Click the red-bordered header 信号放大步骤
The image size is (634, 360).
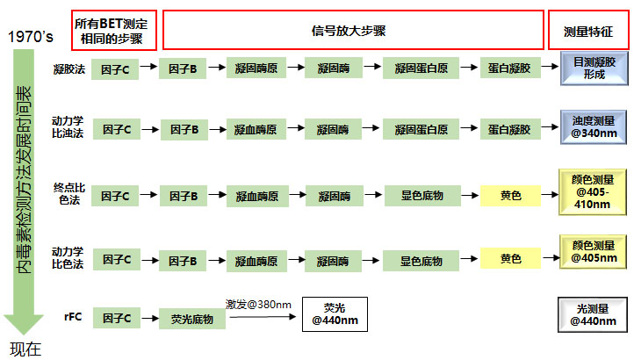click(353, 31)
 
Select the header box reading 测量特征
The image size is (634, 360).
click(588, 31)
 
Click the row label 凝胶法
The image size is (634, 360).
click(69, 68)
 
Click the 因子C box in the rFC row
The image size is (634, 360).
click(115, 320)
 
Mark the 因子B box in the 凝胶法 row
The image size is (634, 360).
click(183, 68)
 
